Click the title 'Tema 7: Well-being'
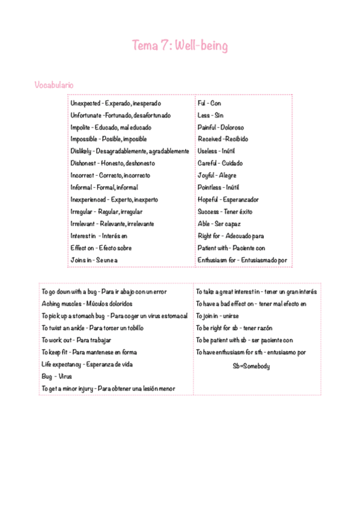coord(180,46)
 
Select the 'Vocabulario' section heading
coord(54,85)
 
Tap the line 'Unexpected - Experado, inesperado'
coord(115,103)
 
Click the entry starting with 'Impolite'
coord(111,127)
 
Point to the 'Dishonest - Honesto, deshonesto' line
coord(112,163)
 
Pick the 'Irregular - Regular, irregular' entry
coord(106,212)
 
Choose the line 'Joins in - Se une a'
coord(94,260)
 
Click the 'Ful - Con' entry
coord(209,103)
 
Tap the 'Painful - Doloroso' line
coord(221,127)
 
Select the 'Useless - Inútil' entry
coord(217,151)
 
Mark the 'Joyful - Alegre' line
coord(217,175)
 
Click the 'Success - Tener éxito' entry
coord(225,212)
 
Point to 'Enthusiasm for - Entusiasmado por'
coord(242,260)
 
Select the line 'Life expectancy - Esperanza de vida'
coord(87,364)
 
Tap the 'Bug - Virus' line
coord(56,376)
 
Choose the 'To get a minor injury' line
coord(108,389)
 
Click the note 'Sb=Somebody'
coord(251,366)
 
